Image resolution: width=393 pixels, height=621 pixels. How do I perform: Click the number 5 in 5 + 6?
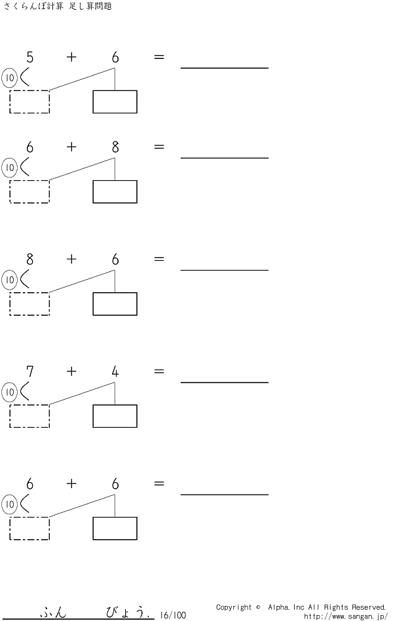(29, 58)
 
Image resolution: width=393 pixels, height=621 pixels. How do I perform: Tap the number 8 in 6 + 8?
(115, 147)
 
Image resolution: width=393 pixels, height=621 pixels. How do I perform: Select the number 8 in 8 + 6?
(29, 259)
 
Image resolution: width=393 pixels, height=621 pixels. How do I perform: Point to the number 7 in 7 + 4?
(29, 371)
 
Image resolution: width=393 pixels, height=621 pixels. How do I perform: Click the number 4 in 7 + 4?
(115, 371)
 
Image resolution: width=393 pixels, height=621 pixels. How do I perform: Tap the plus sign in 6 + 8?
(71, 147)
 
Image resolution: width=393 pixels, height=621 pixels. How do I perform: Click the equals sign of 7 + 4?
(159, 371)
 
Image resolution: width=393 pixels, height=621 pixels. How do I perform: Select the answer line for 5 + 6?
(225, 68)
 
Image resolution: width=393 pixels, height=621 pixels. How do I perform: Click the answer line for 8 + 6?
(225, 270)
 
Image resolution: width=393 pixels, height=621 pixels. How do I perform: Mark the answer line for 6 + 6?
(225, 495)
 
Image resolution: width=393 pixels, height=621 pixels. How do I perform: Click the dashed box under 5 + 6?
(29, 102)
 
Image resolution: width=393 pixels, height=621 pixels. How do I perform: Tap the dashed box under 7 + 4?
(29, 416)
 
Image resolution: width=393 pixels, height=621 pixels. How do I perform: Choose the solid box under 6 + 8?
(115, 192)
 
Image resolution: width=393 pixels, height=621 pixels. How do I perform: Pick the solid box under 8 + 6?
(115, 304)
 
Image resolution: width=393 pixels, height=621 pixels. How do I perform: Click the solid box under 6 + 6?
(115, 529)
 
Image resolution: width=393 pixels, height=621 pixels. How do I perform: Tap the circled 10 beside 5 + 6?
(10, 78)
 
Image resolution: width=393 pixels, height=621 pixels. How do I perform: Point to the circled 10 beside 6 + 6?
(10, 504)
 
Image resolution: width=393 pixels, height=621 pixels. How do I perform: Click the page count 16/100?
(173, 615)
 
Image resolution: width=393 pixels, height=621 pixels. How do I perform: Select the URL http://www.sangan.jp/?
(346, 616)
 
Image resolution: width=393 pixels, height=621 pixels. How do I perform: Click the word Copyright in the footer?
(234, 607)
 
